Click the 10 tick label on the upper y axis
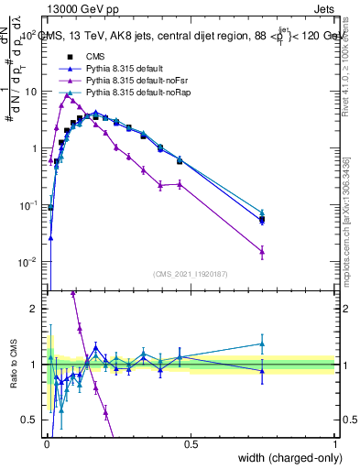tap(32, 92)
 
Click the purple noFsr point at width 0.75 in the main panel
tap(262, 251)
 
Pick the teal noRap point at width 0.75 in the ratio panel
tap(262, 344)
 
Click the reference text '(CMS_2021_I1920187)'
tap(191, 274)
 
